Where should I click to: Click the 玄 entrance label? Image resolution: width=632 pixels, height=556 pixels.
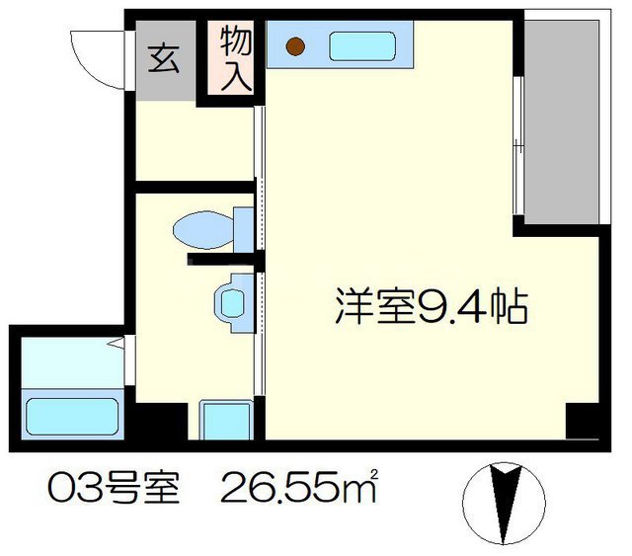(x=163, y=58)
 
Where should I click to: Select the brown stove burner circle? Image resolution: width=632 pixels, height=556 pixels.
(x=295, y=44)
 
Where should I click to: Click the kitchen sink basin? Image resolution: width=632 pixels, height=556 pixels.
(x=361, y=45)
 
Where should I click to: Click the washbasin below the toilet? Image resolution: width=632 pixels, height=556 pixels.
(x=231, y=300)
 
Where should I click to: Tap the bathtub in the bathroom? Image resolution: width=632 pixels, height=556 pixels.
(x=71, y=416)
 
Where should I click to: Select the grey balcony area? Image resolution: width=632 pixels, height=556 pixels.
(x=562, y=119)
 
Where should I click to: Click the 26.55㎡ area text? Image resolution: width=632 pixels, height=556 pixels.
(x=302, y=489)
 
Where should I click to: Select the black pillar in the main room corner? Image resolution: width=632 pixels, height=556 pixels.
(x=583, y=424)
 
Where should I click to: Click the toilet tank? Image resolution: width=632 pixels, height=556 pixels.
(x=242, y=228)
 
